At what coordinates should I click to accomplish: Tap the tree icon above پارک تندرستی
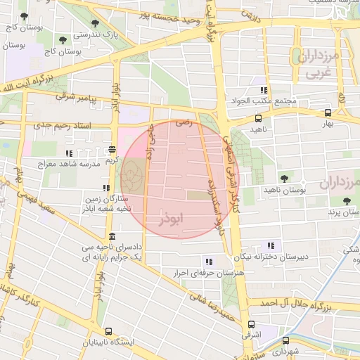coord(95,23)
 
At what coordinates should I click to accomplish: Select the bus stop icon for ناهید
coord(259,118)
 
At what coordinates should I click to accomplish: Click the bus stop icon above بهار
coord(328,112)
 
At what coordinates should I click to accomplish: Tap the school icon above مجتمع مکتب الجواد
coord(264,90)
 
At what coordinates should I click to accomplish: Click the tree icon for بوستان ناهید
coord(284,179)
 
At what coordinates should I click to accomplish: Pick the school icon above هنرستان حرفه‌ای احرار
coord(207,261)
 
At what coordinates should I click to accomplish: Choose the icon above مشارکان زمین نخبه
coord(106,188)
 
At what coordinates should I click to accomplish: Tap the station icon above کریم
coord(112,149)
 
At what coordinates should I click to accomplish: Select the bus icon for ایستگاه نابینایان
coord(108,331)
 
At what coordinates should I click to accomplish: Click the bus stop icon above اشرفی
coord(251,324)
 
